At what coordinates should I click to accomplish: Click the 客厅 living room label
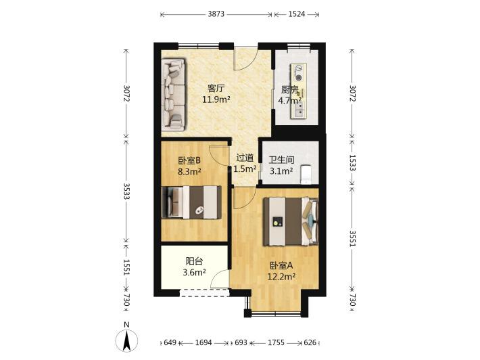216,89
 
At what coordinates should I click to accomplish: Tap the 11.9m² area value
216,99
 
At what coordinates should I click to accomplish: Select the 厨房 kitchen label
289,90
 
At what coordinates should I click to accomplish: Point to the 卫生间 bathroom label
282,160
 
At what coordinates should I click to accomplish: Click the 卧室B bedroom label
189,160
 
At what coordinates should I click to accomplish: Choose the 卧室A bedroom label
281,265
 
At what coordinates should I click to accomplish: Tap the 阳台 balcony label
194,261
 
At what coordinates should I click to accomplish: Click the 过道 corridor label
245,158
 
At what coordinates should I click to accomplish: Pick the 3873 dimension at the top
216,14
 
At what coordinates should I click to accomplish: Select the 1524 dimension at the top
297,14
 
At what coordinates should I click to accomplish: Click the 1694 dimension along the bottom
203,342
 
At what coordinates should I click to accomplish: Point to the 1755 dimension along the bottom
276,342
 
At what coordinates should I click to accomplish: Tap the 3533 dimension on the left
126,192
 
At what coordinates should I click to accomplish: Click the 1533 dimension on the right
352,162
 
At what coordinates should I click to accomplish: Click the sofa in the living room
174,93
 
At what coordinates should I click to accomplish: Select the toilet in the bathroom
306,175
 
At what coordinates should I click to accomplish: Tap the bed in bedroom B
192,202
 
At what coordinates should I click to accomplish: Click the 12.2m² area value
281,277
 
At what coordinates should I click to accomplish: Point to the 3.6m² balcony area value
194,272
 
